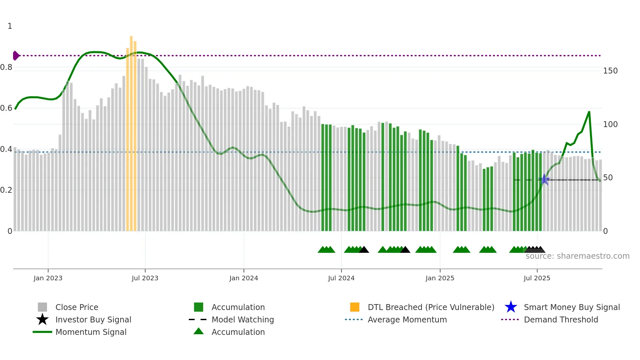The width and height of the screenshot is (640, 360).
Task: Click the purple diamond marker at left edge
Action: point(16,56)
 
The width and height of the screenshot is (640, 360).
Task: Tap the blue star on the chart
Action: point(544,180)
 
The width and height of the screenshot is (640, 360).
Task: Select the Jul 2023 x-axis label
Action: point(145,278)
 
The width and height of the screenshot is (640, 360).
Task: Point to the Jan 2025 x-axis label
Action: point(440,278)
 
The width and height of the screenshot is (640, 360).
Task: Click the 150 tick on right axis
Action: point(610,71)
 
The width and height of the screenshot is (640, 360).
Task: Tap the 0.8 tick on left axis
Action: point(6,67)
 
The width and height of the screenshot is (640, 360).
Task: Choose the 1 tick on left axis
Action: point(10,26)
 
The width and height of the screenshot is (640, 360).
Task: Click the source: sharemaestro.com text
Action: point(577,256)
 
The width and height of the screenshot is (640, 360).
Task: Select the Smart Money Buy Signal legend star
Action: point(511,307)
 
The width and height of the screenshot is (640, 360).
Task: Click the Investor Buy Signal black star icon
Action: point(42,319)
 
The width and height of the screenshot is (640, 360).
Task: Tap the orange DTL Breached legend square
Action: point(355,307)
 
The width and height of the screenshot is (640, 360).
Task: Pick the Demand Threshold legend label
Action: point(561,319)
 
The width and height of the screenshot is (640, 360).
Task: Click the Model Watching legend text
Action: point(243,319)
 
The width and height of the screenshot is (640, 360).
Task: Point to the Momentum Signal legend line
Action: point(42,332)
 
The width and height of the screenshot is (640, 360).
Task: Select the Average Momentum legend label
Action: point(407,319)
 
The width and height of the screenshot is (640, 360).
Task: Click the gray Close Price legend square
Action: point(42,307)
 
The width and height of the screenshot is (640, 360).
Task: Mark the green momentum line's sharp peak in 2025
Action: point(589,112)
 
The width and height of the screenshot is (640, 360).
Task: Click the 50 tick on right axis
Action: point(608,178)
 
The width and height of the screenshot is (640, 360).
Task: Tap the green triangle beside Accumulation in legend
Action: point(199,331)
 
